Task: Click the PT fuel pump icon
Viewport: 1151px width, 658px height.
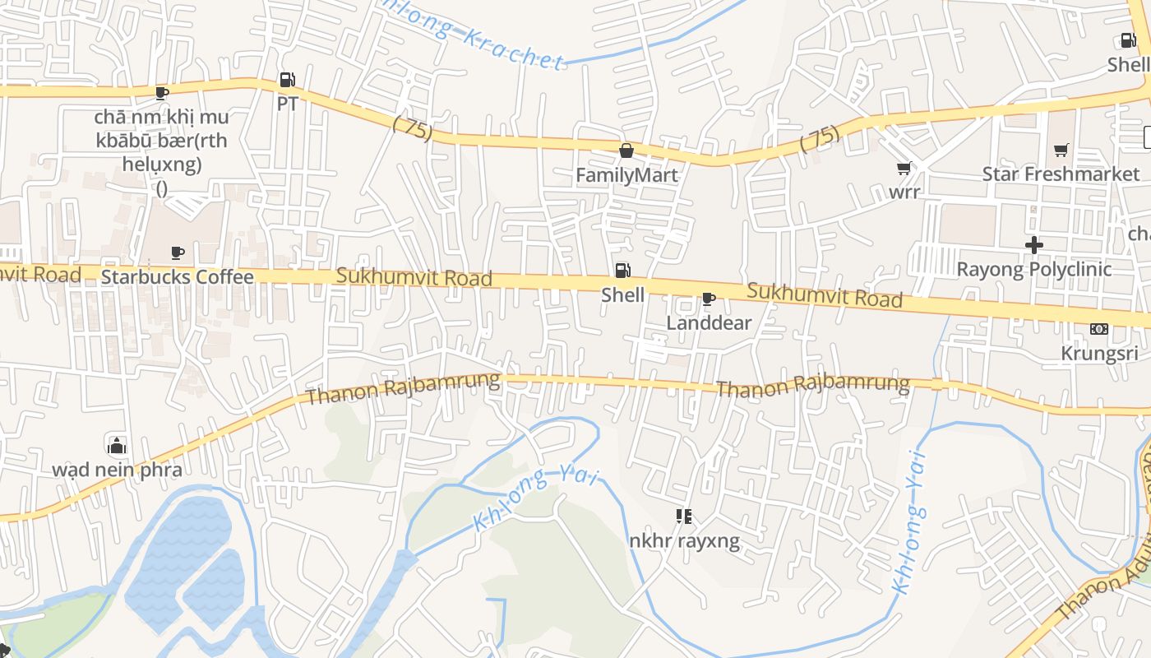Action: pos(287,80)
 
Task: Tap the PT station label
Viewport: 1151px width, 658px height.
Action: pos(287,104)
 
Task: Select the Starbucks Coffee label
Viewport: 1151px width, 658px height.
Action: pos(177,276)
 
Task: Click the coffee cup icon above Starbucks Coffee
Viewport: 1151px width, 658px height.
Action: pos(177,253)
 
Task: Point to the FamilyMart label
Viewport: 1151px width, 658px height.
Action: pos(626,174)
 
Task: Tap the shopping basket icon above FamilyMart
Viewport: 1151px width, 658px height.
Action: pos(626,151)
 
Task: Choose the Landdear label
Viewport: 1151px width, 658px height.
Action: pos(709,322)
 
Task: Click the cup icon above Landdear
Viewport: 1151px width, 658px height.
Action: pos(709,299)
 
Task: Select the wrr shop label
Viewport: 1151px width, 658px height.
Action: pos(904,192)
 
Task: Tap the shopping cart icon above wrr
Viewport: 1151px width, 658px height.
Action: pos(904,169)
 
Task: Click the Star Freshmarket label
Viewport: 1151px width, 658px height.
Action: pos(1061,174)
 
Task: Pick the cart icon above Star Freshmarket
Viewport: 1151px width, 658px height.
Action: pos(1061,150)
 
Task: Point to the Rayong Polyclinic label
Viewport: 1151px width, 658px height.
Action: pos(1033,269)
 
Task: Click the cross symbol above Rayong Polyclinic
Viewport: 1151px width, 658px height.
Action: pos(1033,245)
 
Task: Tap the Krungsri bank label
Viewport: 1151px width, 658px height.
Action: pos(1099,354)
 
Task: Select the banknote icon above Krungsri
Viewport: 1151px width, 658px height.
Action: pos(1099,329)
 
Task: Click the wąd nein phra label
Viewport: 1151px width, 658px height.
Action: pos(117,470)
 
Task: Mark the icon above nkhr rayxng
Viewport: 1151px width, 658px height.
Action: pos(683,517)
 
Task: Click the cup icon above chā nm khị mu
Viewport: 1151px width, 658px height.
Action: pos(162,93)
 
